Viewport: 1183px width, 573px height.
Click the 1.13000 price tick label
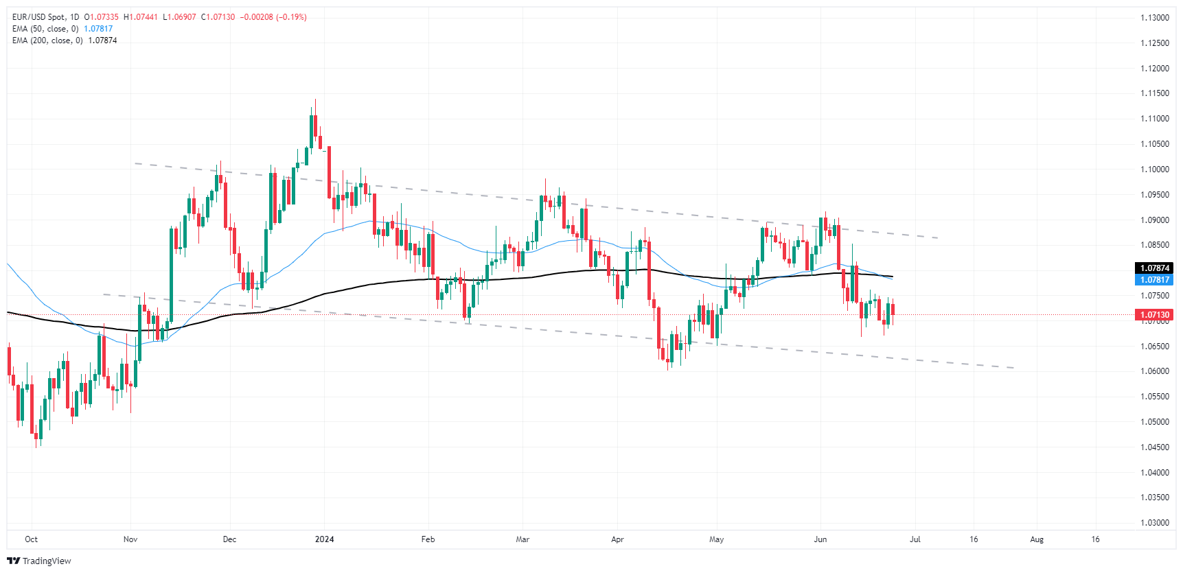coord(1154,18)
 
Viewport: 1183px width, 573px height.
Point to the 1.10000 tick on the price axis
coord(1154,169)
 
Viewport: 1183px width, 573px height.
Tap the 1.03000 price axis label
coord(1154,523)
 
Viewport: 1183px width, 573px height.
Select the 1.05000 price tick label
coord(1154,422)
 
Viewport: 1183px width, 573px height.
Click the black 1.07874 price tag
coord(1154,268)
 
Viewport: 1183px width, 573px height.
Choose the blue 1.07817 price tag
coord(1154,280)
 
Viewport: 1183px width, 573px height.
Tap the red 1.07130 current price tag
coord(1154,315)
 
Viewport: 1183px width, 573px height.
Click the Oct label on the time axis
coord(31,539)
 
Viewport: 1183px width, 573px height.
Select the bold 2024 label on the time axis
coord(324,539)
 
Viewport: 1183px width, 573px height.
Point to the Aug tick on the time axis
coord(1037,539)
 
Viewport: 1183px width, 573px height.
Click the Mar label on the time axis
coord(522,539)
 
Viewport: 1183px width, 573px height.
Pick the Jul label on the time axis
coord(915,539)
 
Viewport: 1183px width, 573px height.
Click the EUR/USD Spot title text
coord(39,17)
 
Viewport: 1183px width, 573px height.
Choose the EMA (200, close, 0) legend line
coord(47,40)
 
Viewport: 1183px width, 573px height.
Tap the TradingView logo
coord(39,561)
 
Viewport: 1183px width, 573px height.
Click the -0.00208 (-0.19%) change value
coord(273,17)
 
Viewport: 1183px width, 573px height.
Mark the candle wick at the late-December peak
coord(315,106)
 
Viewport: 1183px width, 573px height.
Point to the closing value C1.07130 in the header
coord(218,17)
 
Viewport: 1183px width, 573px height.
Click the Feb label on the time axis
coord(428,539)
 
